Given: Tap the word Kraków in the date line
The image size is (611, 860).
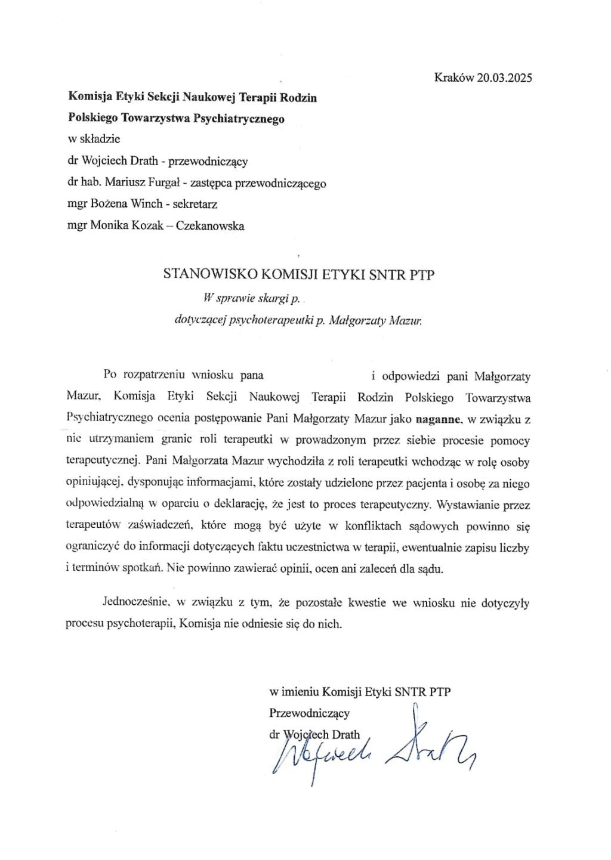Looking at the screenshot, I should [454, 78].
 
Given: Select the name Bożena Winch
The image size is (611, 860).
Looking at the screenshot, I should [127, 204].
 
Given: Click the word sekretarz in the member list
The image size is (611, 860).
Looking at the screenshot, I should [195, 204].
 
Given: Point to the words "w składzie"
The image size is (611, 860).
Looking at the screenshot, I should [94, 140].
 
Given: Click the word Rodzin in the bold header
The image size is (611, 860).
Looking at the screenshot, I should [300, 97].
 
